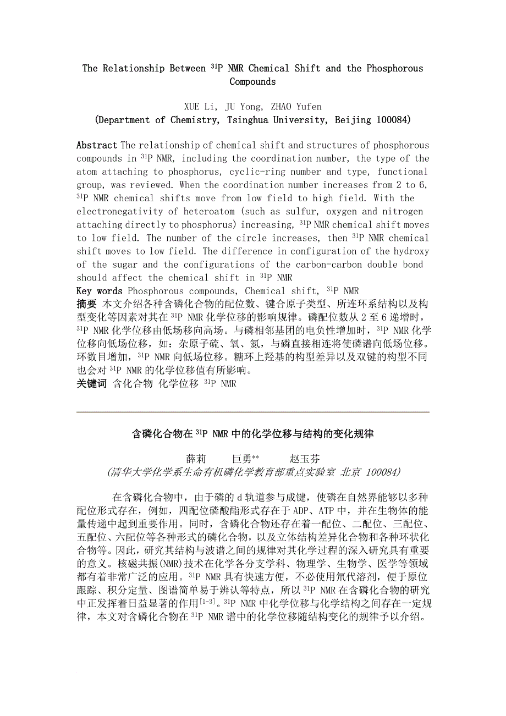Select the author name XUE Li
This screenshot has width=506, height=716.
tap(202, 107)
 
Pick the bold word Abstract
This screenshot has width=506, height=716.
tap(97, 146)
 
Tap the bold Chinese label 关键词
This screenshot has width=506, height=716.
tap(91, 384)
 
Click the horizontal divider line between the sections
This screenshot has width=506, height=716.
tap(253, 412)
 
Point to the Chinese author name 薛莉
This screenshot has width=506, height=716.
tap(196, 459)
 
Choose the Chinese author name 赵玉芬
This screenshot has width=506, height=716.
tap(304, 459)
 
